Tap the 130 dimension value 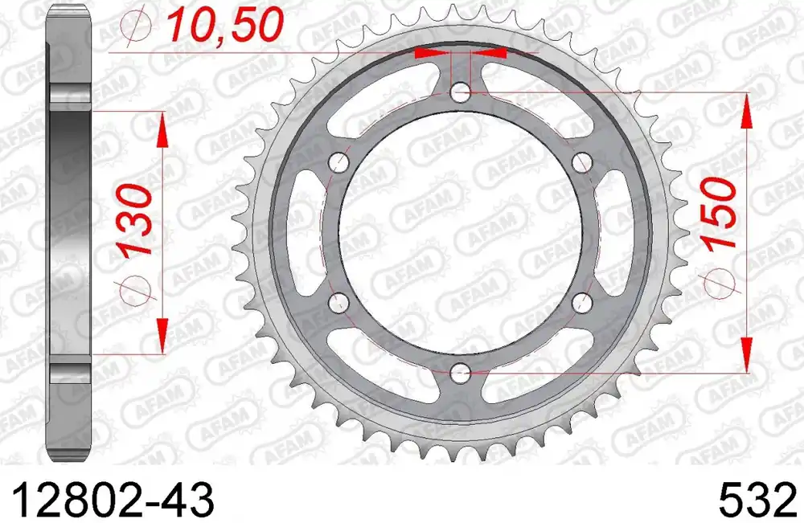tap(135, 220)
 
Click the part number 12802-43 tap(113, 500)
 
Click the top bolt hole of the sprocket tap(461, 93)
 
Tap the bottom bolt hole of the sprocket tap(461, 372)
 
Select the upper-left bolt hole tap(339, 163)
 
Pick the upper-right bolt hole tap(582, 163)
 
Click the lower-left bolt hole tap(339, 302)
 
